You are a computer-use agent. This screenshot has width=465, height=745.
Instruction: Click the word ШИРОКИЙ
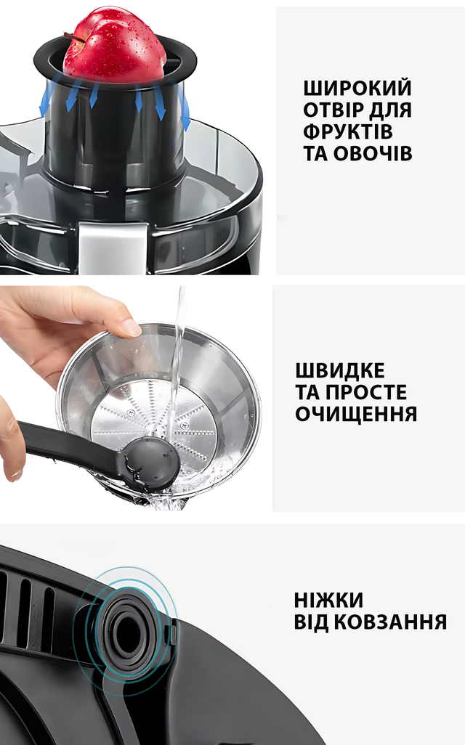pos(357,89)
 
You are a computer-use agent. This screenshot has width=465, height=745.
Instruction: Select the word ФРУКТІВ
pos(347,131)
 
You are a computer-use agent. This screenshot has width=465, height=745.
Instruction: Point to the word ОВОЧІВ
pos(372,153)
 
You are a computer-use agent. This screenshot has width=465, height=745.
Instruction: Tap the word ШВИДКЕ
pos(340,370)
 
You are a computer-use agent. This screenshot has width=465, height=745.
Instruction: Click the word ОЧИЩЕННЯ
pos(356,414)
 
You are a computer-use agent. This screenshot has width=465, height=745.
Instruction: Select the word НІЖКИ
pos(328,600)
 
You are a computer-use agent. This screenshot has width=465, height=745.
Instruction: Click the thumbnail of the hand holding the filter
pos(130,327)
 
